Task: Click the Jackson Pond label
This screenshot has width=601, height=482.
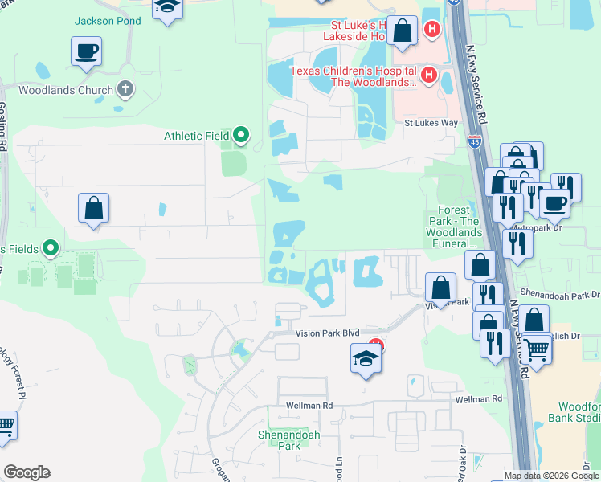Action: [108, 21]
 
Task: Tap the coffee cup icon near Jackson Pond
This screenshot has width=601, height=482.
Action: [86, 52]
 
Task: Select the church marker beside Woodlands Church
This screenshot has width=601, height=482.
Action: [125, 89]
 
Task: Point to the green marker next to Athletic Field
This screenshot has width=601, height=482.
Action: [240, 136]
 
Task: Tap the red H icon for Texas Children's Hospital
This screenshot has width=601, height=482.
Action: [428, 76]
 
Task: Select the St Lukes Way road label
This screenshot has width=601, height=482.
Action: [430, 123]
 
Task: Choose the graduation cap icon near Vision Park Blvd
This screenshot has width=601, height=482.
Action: [365, 357]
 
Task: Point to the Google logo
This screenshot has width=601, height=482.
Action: [27, 472]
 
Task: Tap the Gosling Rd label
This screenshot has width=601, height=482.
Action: [3, 125]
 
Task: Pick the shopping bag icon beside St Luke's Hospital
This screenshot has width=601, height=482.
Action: [403, 32]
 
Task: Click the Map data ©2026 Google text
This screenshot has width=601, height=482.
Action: [550, 476]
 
